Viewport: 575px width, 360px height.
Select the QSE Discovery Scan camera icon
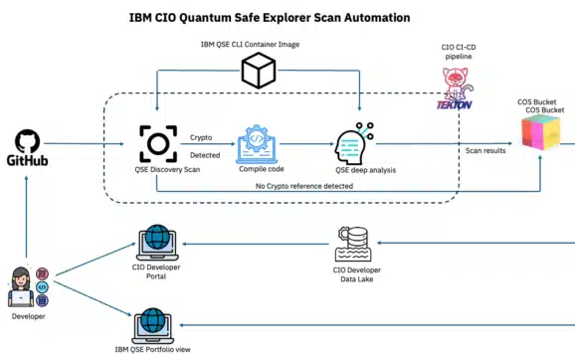(158, 143)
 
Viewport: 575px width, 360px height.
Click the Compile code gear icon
(262, 143)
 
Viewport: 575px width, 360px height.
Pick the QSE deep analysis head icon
(353, 143)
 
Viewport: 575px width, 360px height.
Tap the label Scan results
(486, 151)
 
